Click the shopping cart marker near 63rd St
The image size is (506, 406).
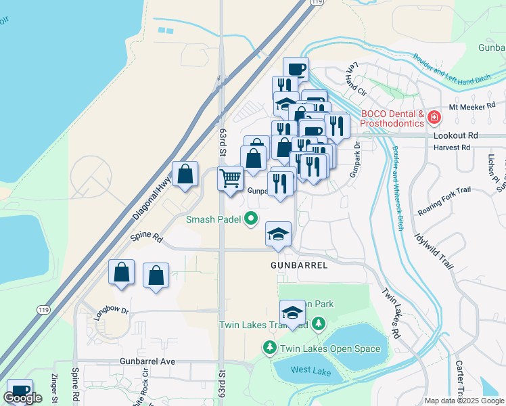coord(230,179)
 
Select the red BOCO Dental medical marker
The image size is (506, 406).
coord(434,118)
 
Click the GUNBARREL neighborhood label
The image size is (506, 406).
coord(299,265)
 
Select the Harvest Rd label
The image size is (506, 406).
coord(453,147)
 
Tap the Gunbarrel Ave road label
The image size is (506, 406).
coord(147,361)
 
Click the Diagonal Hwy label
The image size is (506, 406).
coord(152,197)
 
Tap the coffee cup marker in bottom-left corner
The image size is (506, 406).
coord(20,390)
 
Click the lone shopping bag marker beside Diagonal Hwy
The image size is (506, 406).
coord(185,174)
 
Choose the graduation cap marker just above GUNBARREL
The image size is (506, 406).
coord(278,234)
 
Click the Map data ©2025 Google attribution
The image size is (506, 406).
coord(463,401)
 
